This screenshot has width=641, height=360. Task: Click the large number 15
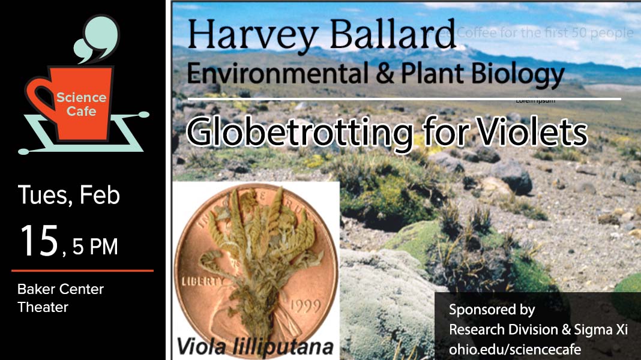(40, 242)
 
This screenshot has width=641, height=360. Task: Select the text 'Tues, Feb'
(68, 196)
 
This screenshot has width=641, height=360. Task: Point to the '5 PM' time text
(95, 247)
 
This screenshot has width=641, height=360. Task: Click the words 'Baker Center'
(61, 289)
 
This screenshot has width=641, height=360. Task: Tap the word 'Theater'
(43, 307)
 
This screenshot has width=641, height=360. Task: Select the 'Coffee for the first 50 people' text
(545, 32)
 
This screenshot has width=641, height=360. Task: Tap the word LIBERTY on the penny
(195, 281)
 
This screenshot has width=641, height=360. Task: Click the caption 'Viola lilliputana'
(255, 347)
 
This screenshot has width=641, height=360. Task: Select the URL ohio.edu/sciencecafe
(515, 349)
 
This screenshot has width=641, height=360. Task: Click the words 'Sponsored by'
(492, 310)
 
